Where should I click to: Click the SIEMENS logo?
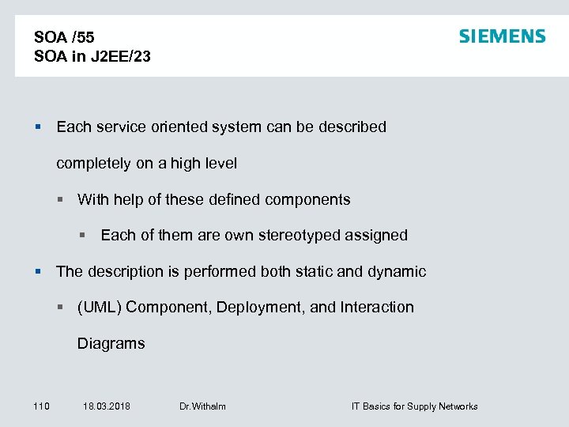click(x=502, y=36)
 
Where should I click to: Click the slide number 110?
click(x=41, y=406)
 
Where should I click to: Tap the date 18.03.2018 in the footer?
click(x=107, y=406)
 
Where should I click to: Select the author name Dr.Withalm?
click(x=202, y=406)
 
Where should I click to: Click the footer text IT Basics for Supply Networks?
click(x=414, y=406)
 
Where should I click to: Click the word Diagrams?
click(x=111, y=343)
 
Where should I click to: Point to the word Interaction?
click(x=377, y=307)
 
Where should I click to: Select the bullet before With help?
click(x=62, y=200)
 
